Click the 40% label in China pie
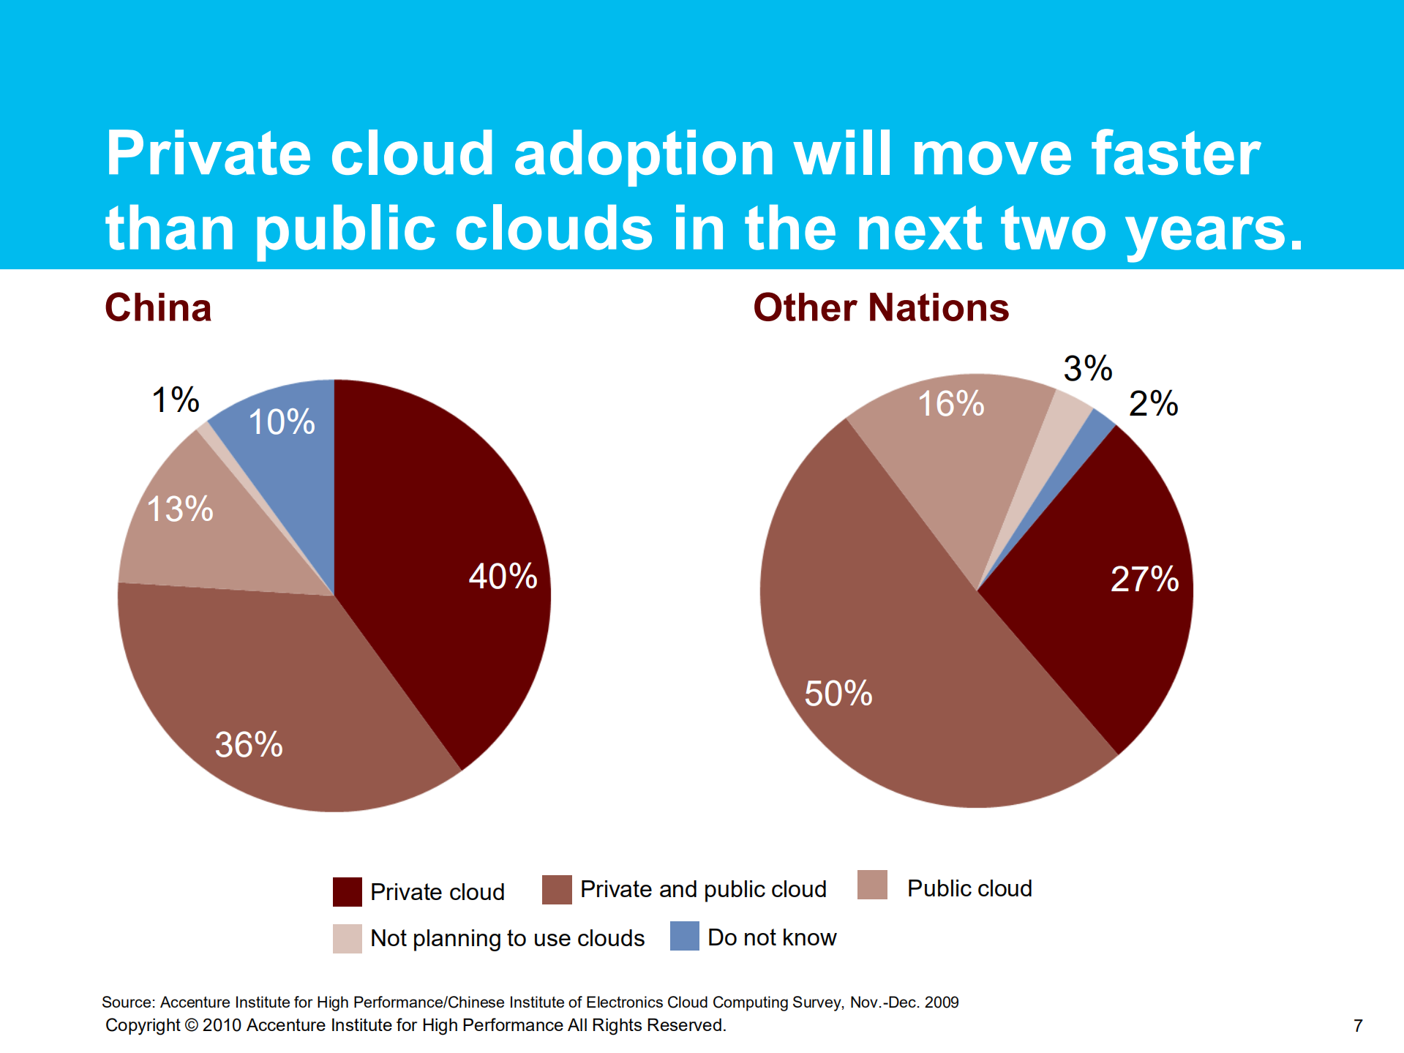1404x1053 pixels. click(x=503, y=576)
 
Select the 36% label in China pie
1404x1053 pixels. click(x=249, y=744)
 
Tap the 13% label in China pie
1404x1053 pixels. click(x=180, y=509)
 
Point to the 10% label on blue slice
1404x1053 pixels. click(x=282, y=421)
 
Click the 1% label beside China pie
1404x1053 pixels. click(x=175, y=400)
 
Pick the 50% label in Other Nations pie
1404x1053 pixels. click(x=838, y=693)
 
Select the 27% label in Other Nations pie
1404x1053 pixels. click(x=1144, y=579)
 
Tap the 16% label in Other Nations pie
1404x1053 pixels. click(x=950, y=404)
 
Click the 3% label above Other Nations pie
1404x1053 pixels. click(x=1087, y=368)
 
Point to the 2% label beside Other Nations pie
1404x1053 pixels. click(x=1153, y=403)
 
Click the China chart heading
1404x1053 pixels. click(x=158, y=307)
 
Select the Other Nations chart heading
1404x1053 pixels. click(x=881, y=307)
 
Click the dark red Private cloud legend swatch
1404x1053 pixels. click(x=347, y=891)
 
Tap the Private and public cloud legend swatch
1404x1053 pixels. click(x=557, y=889)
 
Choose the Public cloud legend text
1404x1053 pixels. click(x=969, y=888)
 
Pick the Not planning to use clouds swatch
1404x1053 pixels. click(x=347, y=938)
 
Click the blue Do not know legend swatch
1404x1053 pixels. click(x=684, y=936)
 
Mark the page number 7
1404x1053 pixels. click(x=1358, y=1026)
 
